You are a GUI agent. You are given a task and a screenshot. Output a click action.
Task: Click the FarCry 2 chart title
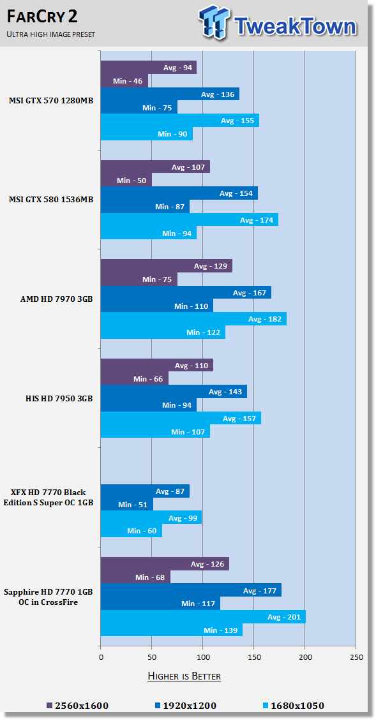[42, 17]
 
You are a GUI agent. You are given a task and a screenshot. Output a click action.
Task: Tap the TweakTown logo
[278, 23]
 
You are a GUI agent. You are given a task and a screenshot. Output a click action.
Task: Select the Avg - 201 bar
[203, 616]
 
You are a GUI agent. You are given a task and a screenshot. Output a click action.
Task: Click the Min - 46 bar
[124, 81]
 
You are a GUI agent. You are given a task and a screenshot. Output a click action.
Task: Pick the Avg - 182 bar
[193, 318]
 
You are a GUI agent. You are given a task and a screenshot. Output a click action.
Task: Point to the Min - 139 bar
[172, 630]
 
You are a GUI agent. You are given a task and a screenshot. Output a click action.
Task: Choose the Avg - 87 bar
[145, 491]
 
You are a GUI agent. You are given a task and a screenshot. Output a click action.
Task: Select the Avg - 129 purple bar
[167, 266]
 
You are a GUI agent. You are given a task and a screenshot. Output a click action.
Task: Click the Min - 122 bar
[163, 332]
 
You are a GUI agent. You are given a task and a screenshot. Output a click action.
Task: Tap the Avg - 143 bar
[174, 392]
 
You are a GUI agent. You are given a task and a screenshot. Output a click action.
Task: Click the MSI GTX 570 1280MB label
[51, 101]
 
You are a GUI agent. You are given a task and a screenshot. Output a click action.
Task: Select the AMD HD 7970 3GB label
[57, 299]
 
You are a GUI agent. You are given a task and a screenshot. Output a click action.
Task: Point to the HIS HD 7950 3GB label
[59, 398]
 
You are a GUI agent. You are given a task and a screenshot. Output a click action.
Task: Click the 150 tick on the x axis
[253, 657]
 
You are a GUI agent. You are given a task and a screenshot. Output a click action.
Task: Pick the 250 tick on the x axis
[356, 657]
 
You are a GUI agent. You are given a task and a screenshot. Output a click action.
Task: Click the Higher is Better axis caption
[184, 676]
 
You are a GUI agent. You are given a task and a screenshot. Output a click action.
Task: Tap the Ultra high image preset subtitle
[50, 34]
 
